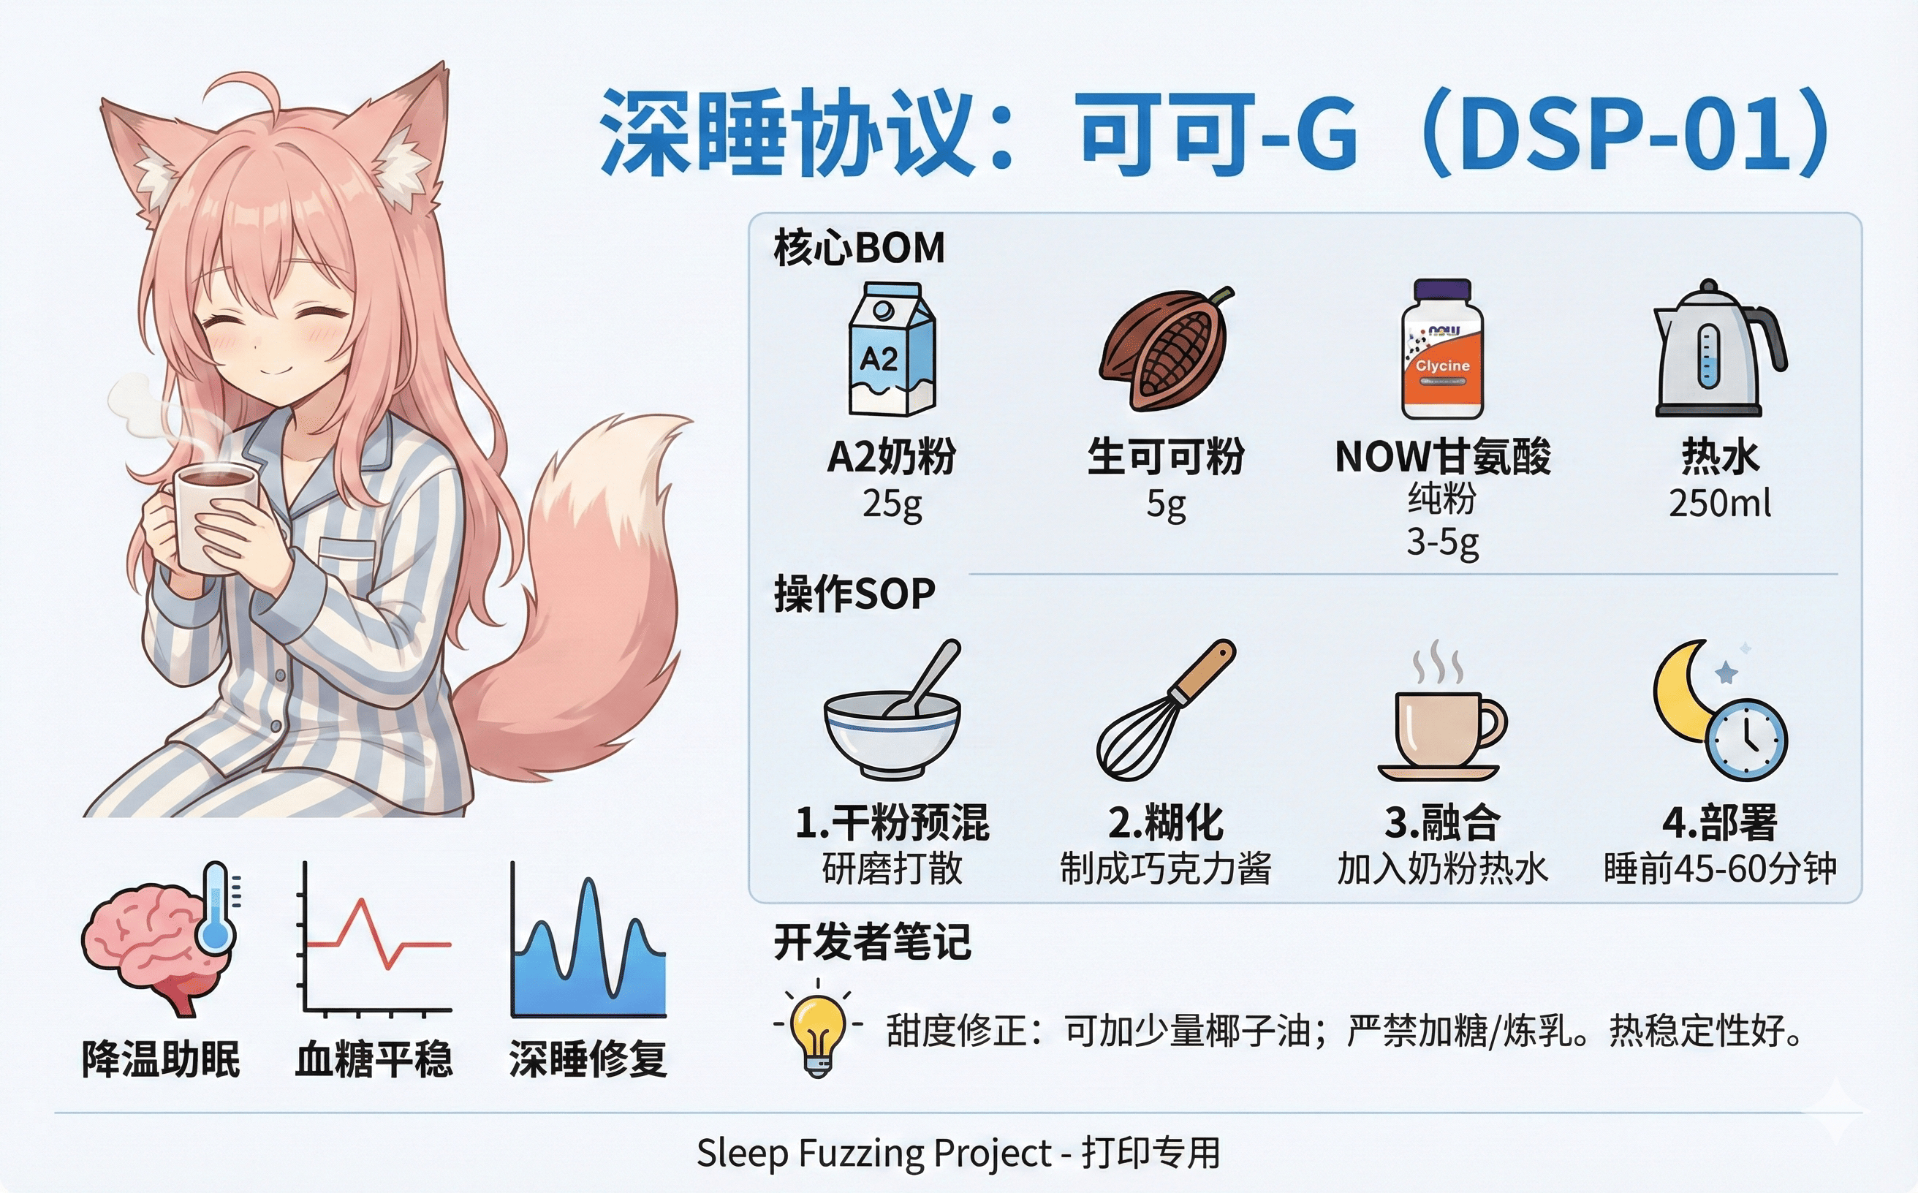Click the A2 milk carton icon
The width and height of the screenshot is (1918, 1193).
coord(892,349)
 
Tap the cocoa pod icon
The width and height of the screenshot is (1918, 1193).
coord(1165,349)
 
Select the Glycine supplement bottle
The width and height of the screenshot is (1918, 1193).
coord(1442,349)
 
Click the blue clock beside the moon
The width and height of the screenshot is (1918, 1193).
coord(1746,739)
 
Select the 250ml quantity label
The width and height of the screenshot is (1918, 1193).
coord(1719,503)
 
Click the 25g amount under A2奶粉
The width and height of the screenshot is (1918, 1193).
coord(892,503)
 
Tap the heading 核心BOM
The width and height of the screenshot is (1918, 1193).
coord(859,248)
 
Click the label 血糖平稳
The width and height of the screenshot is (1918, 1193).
coord(374,1059)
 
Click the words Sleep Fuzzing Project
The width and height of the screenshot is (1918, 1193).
coord(873,1153)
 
